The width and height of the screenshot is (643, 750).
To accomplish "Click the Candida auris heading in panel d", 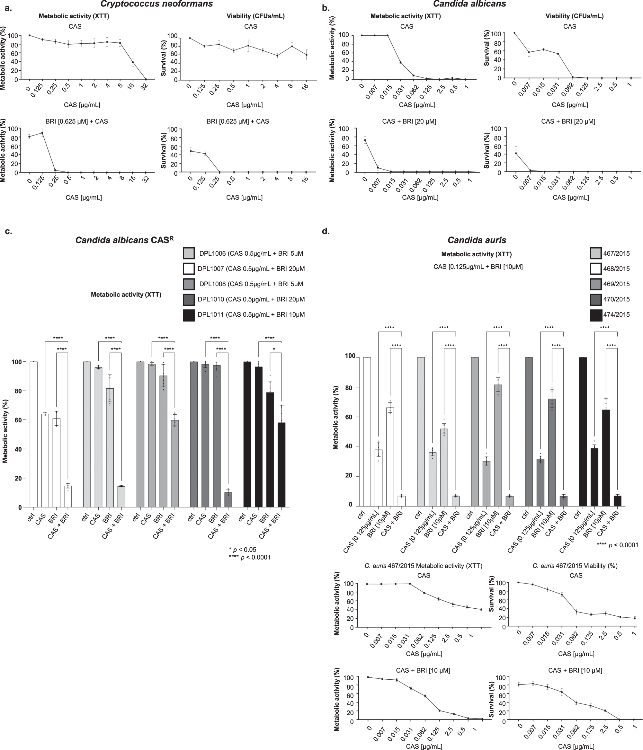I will [x=477, y=240].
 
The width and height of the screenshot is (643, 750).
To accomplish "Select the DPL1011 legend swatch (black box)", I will [x=189, y=315].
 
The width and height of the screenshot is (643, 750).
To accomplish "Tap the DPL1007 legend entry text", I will [x=251, y=269].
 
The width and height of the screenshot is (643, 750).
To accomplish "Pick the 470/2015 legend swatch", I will [x=595, y=299].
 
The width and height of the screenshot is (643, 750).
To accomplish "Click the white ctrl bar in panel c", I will [x=33, y=434].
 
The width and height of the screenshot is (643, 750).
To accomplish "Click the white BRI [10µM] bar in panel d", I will [x=390, y=456].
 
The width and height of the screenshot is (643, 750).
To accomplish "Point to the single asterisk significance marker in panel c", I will [x=274, y=349].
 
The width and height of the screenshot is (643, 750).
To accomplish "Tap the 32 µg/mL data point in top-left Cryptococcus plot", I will [x=146, y=79].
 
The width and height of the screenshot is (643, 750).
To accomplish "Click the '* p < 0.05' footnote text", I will [x=242, y=550].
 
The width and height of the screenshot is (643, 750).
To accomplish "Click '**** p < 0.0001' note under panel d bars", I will [x=617, y=545].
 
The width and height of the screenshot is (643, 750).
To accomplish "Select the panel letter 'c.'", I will [x=8, y=232].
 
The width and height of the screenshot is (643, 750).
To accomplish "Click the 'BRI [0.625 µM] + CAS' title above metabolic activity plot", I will [x=75, y=121].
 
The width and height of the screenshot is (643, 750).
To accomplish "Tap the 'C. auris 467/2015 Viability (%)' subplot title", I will [x=575, y=565].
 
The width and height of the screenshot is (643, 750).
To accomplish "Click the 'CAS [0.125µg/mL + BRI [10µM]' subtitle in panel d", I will [x=478, y=267].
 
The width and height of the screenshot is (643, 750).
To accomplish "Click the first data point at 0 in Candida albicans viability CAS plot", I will [x=514, y=33].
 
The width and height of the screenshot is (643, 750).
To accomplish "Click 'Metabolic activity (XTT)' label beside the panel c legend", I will [x=126, y=295].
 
